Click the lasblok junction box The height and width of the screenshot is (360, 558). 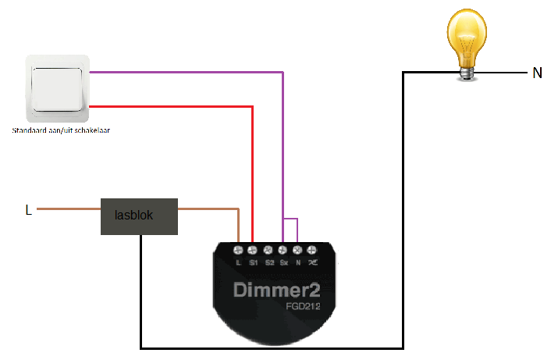point(139,216)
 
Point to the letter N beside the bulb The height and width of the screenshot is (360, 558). point(537,73)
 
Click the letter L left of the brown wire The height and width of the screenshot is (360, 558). point(29,210)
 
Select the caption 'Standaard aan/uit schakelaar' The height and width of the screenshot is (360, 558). point(60,130)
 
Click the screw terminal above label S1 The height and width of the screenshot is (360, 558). point(253,250)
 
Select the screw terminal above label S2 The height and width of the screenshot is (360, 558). point(268,250)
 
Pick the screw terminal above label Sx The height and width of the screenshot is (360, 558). point(283,250)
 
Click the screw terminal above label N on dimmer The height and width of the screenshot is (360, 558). point(297,250)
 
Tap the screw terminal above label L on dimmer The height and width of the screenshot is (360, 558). point(239,250)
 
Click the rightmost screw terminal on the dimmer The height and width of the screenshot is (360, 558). point(311,250)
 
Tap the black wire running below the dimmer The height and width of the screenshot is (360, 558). point(273,348)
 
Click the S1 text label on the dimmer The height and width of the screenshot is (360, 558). point(253,262)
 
